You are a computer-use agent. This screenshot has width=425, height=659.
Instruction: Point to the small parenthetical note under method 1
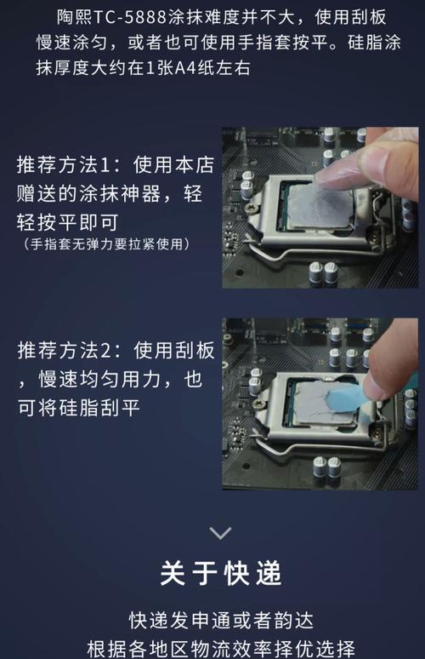click(105, 244)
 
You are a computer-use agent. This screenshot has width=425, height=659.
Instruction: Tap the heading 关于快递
click(220, 573)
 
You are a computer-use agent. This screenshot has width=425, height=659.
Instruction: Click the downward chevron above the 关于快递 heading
click(220, 533)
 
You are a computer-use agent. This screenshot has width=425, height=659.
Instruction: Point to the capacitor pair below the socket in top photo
click(324, 273)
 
